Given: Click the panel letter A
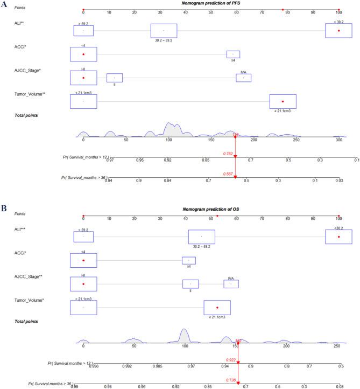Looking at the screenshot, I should click(4, 4).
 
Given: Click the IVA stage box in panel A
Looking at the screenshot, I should click(243, 78).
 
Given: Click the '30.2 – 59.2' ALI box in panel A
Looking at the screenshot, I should click(164, 31).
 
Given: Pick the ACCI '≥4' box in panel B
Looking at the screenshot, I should click(188, 261).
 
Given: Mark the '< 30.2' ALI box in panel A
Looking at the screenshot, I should click(338, 31).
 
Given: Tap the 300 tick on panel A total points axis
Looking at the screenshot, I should click(338, 139).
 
